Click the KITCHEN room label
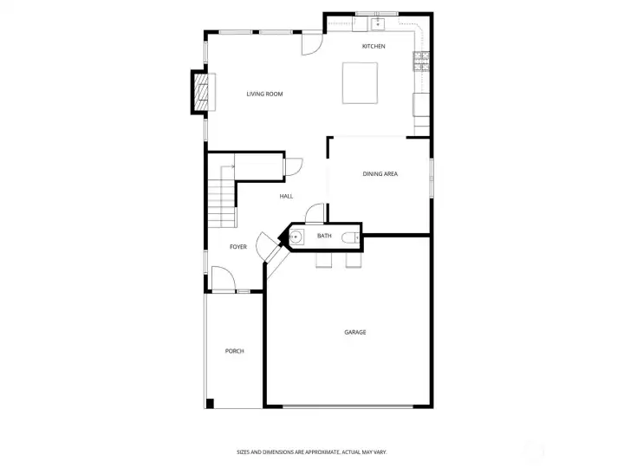374,46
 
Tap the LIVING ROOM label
264,94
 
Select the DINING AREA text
380,174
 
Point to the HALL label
286,196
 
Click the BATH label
324,236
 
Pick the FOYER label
238,247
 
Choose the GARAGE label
354,332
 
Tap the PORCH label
234,351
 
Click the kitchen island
361,82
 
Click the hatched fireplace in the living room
200,92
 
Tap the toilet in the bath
349,237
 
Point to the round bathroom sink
296,237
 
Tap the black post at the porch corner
210,403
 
